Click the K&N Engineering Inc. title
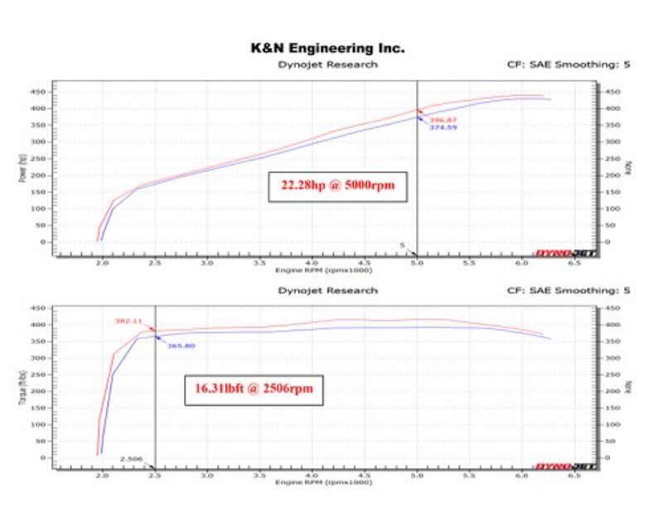click(327, 50)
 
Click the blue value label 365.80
click(181, 345)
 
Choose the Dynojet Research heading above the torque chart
click(327, 291)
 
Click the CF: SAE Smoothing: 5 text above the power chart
click(568, 65)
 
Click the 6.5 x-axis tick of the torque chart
click(573, 475)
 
